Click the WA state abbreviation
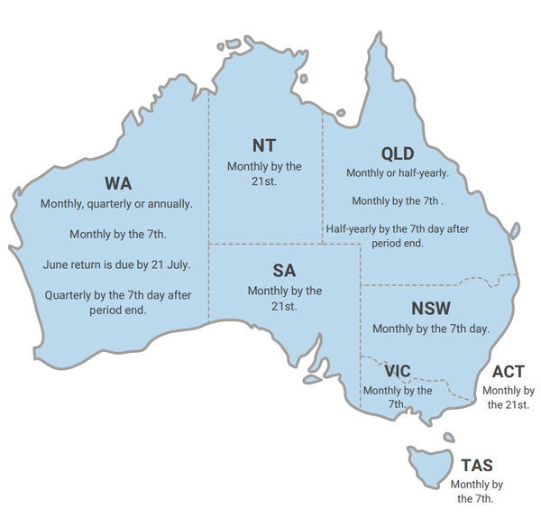pyautogui.click(x=117, y=184)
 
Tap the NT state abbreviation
pyautogui.click(x=264, y=145)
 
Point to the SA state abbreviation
pyautogui.click(x=284, y=270)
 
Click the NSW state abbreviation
pyautogui.click(x=431, y=309)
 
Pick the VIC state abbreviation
pyautogui.click(x=397, y=371)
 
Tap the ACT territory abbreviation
pyautogui.click(x=509, y=372)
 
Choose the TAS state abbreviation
pyautogui.click(x=476, y=466)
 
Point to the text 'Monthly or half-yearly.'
pyautogui.click(x=398, y=172)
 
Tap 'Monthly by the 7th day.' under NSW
pyautogui.click(x=431, y=329)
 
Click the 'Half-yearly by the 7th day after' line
pyautogui.click(x=398, y=229)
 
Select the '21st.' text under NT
pyautogui.click(x=264, y=181)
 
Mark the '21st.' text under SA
pyautogui.click(x=285, y=306)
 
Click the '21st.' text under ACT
pyautogui.click(x=509, y=405)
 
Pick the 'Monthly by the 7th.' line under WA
pyautogui.click(x=118, y=235)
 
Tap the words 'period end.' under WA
pyautogui.click(x=118, y=310)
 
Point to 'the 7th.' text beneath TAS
pyautogui.click(x=476, y=499)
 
